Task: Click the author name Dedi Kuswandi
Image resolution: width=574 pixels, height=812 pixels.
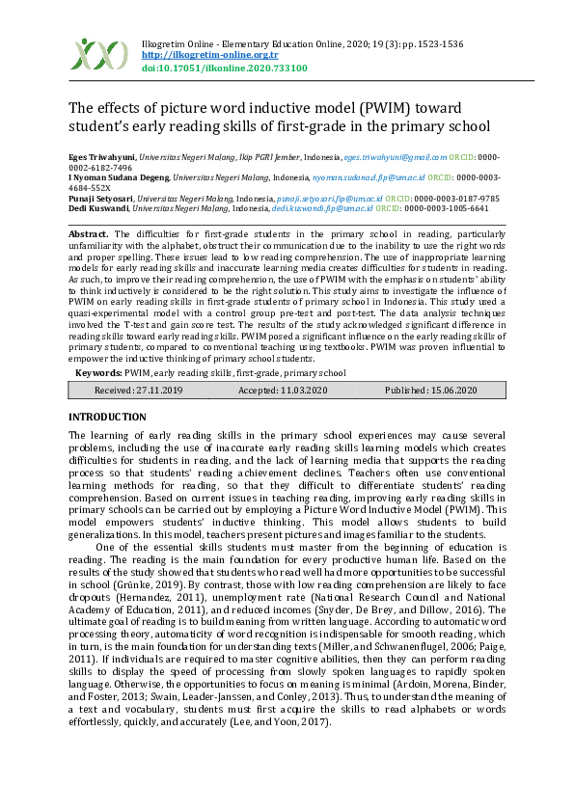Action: click(x=98, y=208)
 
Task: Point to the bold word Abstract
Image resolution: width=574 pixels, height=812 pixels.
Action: click(x=89, y=234)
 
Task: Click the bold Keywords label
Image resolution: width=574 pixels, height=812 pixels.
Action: click(x=98, y=373)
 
